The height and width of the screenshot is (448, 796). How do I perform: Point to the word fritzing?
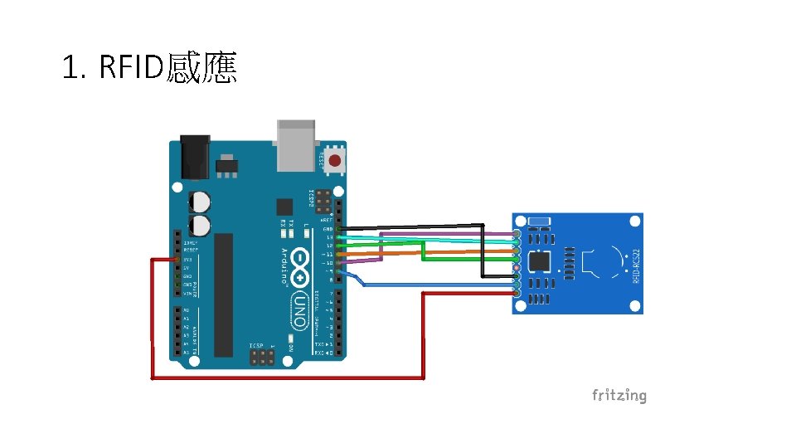pos(619,395)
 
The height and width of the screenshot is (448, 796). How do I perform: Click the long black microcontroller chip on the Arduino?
pos(224,295)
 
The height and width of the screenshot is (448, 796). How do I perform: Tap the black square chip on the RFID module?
pos(540,261)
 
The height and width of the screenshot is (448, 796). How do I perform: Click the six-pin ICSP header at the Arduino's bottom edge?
pos(262,358)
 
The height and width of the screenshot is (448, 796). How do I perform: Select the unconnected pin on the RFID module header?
pos(517,268)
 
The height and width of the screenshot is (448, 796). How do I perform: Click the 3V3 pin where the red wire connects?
pos(177,260)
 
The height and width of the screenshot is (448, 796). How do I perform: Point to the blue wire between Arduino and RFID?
pos(431,285)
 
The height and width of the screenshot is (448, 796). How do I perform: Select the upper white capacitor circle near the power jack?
pos(200,201)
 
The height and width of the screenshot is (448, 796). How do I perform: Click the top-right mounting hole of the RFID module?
pos(634,222)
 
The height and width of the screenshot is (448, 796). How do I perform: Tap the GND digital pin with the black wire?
pos(338,228)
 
